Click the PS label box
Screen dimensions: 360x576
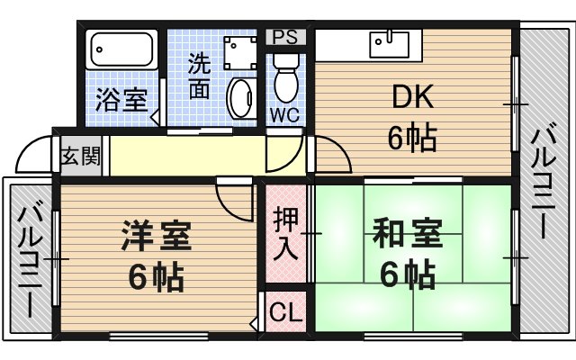285,37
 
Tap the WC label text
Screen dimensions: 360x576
285,113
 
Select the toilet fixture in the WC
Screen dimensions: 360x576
285,77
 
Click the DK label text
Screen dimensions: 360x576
412,95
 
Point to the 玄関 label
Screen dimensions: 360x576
81,155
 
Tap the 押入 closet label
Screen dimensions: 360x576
285,231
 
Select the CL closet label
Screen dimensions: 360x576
285,313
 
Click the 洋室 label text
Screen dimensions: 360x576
156,238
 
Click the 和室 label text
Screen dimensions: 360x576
407,236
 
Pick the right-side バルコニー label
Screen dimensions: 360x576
542,180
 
